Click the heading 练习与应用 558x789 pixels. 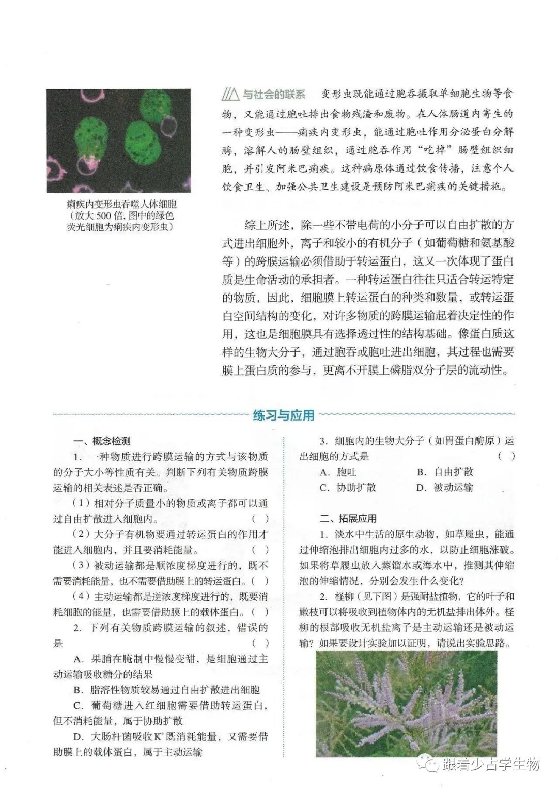(x=284, y=415)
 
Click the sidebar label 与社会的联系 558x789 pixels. (x=274, y=95)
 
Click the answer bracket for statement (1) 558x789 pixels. (x=260, y=519)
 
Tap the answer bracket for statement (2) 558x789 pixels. (x=260, y=550)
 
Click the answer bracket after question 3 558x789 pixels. (x=506, y=456)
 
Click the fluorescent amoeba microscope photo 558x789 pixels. (x=118, y=141)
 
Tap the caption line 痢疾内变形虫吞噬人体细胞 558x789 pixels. (x=121, y=205)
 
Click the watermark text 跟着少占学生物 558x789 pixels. (x=490, y=764)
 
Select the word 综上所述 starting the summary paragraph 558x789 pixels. (x=265, y=225)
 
